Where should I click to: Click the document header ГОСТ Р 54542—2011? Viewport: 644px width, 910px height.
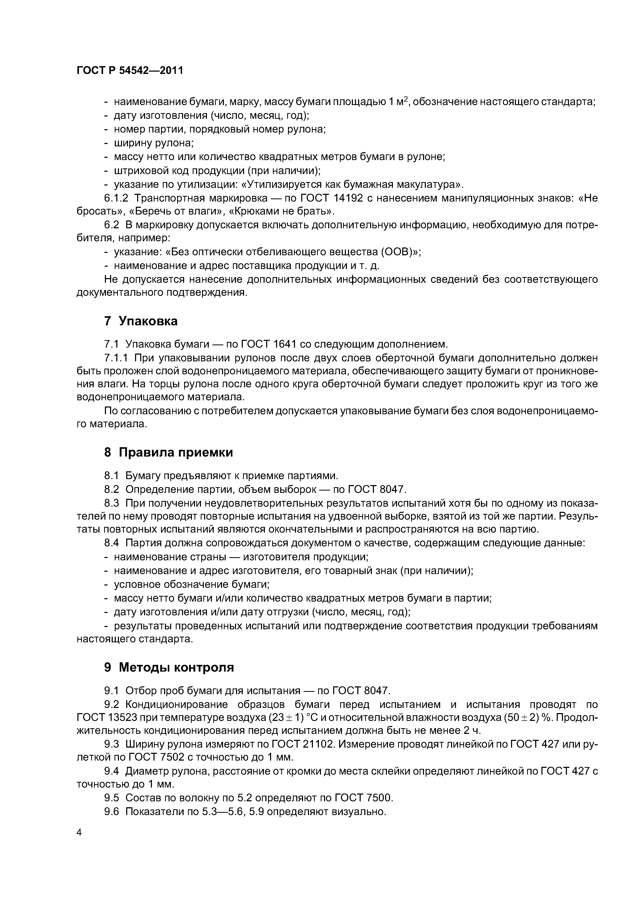tap(130, 71)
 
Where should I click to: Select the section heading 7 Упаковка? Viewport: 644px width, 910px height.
tap(140, 321)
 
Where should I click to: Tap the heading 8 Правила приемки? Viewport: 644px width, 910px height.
tap(168, 453)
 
